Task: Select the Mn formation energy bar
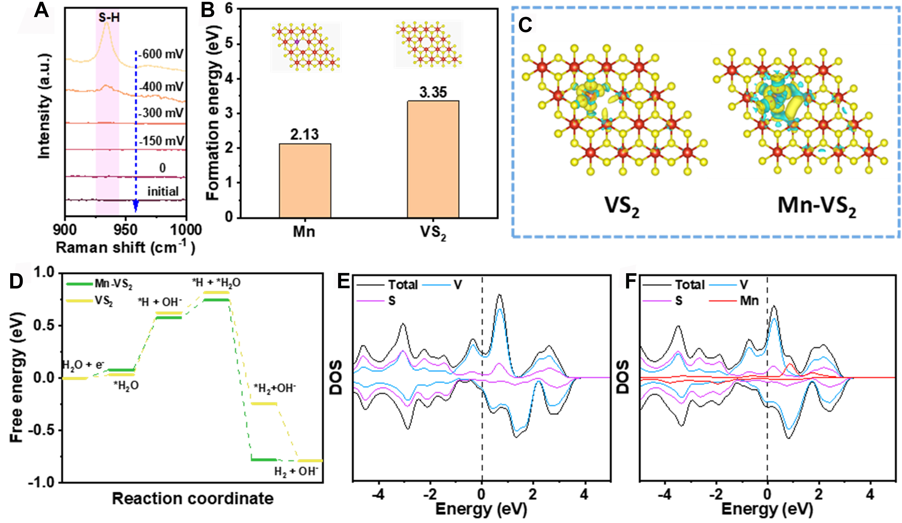305,181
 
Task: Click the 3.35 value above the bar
433,92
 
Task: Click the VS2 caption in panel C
622,207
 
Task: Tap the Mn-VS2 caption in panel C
817,207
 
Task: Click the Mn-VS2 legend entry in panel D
113,284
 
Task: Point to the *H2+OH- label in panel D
274,388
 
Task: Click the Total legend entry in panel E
403,285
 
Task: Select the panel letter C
525,25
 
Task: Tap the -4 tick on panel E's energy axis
378,494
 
